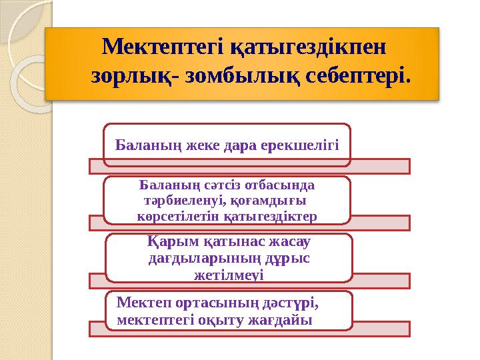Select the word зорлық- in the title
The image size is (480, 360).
click(x=137, y=77)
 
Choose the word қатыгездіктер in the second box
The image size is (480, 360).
click(x=277, y=215)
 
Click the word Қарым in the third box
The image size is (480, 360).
click(x=169, y=243)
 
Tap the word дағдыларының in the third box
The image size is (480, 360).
click(x=194, y=258)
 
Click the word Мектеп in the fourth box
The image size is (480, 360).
click(x=145, y=303)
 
